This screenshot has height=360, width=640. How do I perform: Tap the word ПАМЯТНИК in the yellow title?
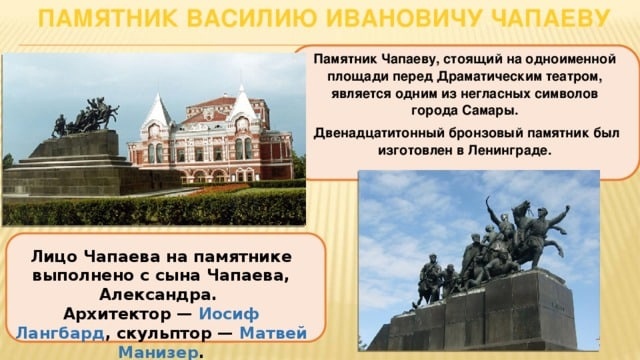click(x=108, y=18)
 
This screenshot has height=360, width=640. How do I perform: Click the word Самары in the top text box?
click(x=490, y=111)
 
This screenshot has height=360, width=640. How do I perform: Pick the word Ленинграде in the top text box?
click(x=510, y=150)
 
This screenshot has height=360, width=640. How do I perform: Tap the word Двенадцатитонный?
click(x=379, y=133)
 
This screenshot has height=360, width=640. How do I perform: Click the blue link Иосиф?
click(x=229, y=314)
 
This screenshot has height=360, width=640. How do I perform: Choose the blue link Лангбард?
click(x=60, y=333)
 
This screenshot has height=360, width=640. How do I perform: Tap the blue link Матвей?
click(x=273, y=333)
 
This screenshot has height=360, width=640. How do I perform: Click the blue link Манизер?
click(x=158, y=352)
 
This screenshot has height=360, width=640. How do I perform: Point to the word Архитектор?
click(x=117, y=314)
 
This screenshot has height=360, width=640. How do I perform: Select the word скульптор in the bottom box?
click(x=164, y=334)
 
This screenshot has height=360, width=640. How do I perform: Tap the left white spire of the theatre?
click(x=157, y=108)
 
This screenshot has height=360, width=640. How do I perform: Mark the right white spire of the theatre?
click(x=242, y=102)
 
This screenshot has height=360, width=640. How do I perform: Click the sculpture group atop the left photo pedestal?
click(x=85, y=117)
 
